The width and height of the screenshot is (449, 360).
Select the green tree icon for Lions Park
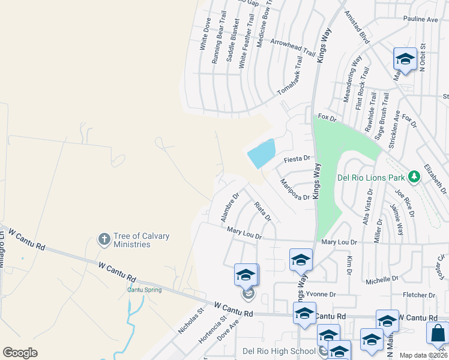click(413, 177)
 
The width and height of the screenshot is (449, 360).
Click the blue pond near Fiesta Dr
click(262, 154)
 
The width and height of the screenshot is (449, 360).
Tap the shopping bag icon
click(438, 333)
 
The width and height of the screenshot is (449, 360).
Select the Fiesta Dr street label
click(297, 159)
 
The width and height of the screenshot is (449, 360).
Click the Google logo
click(20, 353)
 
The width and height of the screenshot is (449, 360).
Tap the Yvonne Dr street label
click(319, 295)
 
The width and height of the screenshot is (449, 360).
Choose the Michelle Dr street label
click(382, 280)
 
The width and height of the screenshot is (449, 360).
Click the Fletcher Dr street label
click(419, 295)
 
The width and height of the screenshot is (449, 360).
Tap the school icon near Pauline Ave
click(405, 59)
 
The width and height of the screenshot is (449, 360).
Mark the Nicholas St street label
click(191, 321)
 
